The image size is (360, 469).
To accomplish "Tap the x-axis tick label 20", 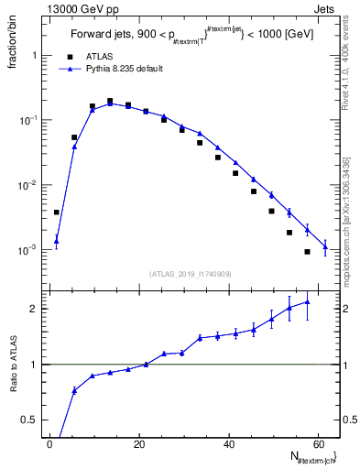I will point(139,445).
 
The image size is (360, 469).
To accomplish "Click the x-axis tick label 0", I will point(50,445).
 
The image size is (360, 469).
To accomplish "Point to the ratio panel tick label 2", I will point(33,309).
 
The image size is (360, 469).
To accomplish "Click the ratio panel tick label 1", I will point(33,365).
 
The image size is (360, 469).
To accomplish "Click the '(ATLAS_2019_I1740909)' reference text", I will point(191,274).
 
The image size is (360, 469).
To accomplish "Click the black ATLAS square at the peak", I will point(110,102).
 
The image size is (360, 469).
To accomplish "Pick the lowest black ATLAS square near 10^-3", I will point(307,252).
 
